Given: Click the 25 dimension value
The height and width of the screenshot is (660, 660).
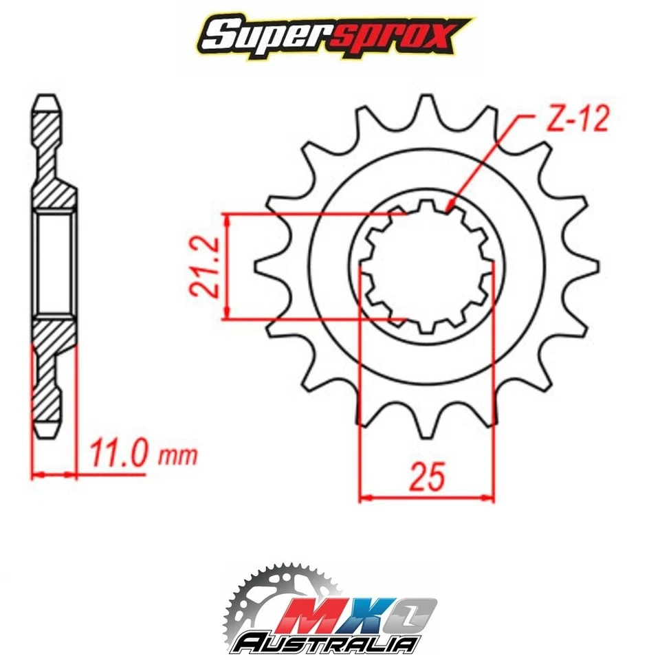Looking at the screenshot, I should (x=426, y=476).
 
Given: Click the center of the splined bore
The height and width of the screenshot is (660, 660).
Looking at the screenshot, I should (x=426, y=266).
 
